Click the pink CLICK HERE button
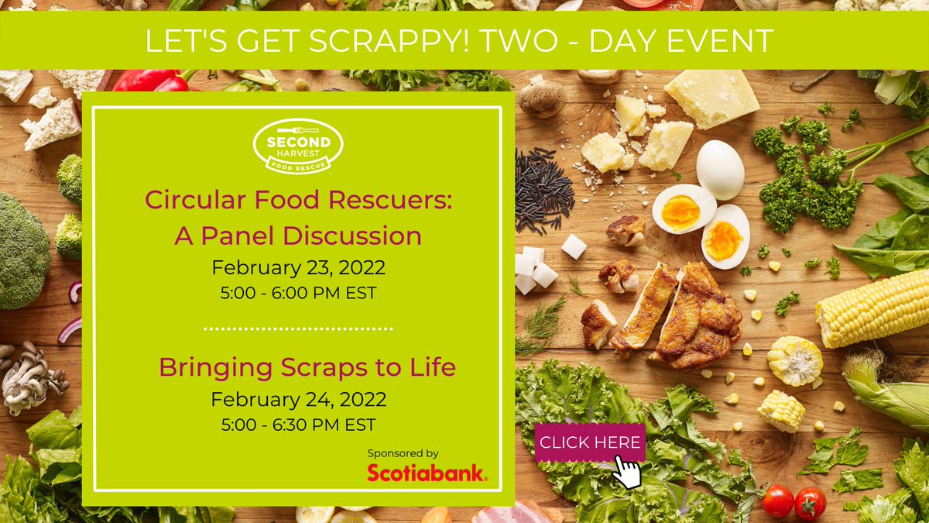click(590, 442)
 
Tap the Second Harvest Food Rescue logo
click(298, 146)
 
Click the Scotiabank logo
click(427, 473)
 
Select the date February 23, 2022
click(298, 269)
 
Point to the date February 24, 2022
click(298, 400)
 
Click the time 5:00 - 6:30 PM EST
click(298, 425)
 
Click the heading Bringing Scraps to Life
click(307, 366)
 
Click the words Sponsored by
click(403, 452)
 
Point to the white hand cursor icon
click(628, 471)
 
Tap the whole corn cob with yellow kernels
click(871, 308)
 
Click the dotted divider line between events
click(298, 329)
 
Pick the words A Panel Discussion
click(298, 236)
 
